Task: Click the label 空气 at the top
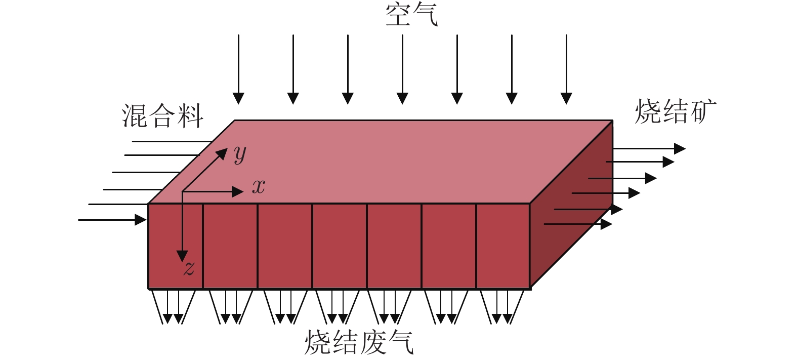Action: [x=412, y=16]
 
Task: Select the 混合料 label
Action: [x=162, y=116]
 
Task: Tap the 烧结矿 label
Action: [x=676, y=112]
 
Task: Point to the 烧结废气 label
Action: [x=359, y=342]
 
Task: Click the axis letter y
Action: [x=240, y=154]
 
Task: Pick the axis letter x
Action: [x=259, y=187]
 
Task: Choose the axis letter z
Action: [x=189, y=268]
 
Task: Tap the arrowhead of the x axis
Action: [x=237, y=192]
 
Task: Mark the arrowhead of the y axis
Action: [x=222, y=153]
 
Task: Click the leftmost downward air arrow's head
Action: [x=238, y=98]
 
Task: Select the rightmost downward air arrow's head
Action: [x=566, y=98]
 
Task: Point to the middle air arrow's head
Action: [x=402, y=98]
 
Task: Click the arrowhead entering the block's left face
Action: [x=141, y=220]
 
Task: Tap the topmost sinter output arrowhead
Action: [x=680, y=148]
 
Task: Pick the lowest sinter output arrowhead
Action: [x=607, y=224]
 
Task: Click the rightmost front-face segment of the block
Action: [x=503, y=246]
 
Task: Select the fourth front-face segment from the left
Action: [x=340, y=246]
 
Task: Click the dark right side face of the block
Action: [x=571, y=204]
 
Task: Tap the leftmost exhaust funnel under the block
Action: [x=173, y=307]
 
